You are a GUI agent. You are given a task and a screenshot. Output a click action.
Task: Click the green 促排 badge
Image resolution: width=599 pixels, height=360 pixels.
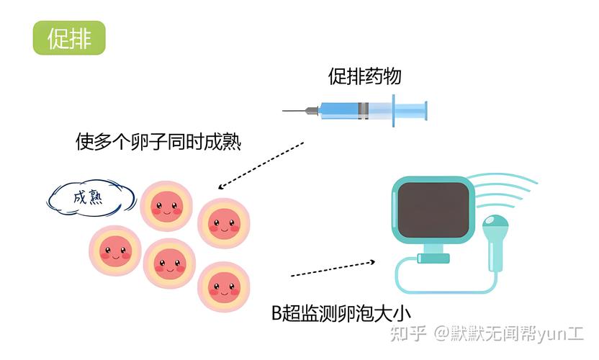coord(69,38)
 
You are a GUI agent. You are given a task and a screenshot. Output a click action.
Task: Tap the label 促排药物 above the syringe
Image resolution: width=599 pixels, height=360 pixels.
coord(364,76)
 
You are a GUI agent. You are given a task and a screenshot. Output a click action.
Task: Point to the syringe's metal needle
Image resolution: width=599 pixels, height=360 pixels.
coord(296,111)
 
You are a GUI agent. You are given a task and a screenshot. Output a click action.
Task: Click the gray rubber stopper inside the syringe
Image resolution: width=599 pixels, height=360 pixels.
coord(364,111)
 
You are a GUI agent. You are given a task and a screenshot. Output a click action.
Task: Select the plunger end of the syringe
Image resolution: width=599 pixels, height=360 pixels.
coord(425,111)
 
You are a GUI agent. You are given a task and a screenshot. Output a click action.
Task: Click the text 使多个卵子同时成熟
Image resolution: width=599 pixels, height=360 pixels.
coord(158,142)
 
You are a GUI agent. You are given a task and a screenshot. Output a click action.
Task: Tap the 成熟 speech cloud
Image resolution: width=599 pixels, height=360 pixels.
coord(91,198)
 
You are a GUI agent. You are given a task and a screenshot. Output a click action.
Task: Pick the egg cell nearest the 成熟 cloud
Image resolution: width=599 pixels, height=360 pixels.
coord(166,207)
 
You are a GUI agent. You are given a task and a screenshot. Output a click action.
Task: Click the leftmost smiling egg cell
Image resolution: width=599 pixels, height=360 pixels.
coord(115,251)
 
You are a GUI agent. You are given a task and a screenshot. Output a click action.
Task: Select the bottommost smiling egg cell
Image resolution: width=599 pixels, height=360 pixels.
coord(224,287)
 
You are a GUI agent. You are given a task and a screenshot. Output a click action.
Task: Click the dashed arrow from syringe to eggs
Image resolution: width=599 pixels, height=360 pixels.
coord(261,166)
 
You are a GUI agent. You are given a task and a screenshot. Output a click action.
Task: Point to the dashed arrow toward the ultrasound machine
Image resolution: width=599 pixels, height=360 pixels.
coord(333,269)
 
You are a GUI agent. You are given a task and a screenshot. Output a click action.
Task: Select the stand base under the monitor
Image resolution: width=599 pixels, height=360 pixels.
coord(433,258)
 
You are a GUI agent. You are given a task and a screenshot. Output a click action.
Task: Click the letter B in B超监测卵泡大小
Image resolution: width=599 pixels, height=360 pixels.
coord(276,313)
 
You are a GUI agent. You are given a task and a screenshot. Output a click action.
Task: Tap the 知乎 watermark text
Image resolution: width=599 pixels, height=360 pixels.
coord(408,333)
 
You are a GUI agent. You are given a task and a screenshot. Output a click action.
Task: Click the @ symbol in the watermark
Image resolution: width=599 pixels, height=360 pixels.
coord(442,333)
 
